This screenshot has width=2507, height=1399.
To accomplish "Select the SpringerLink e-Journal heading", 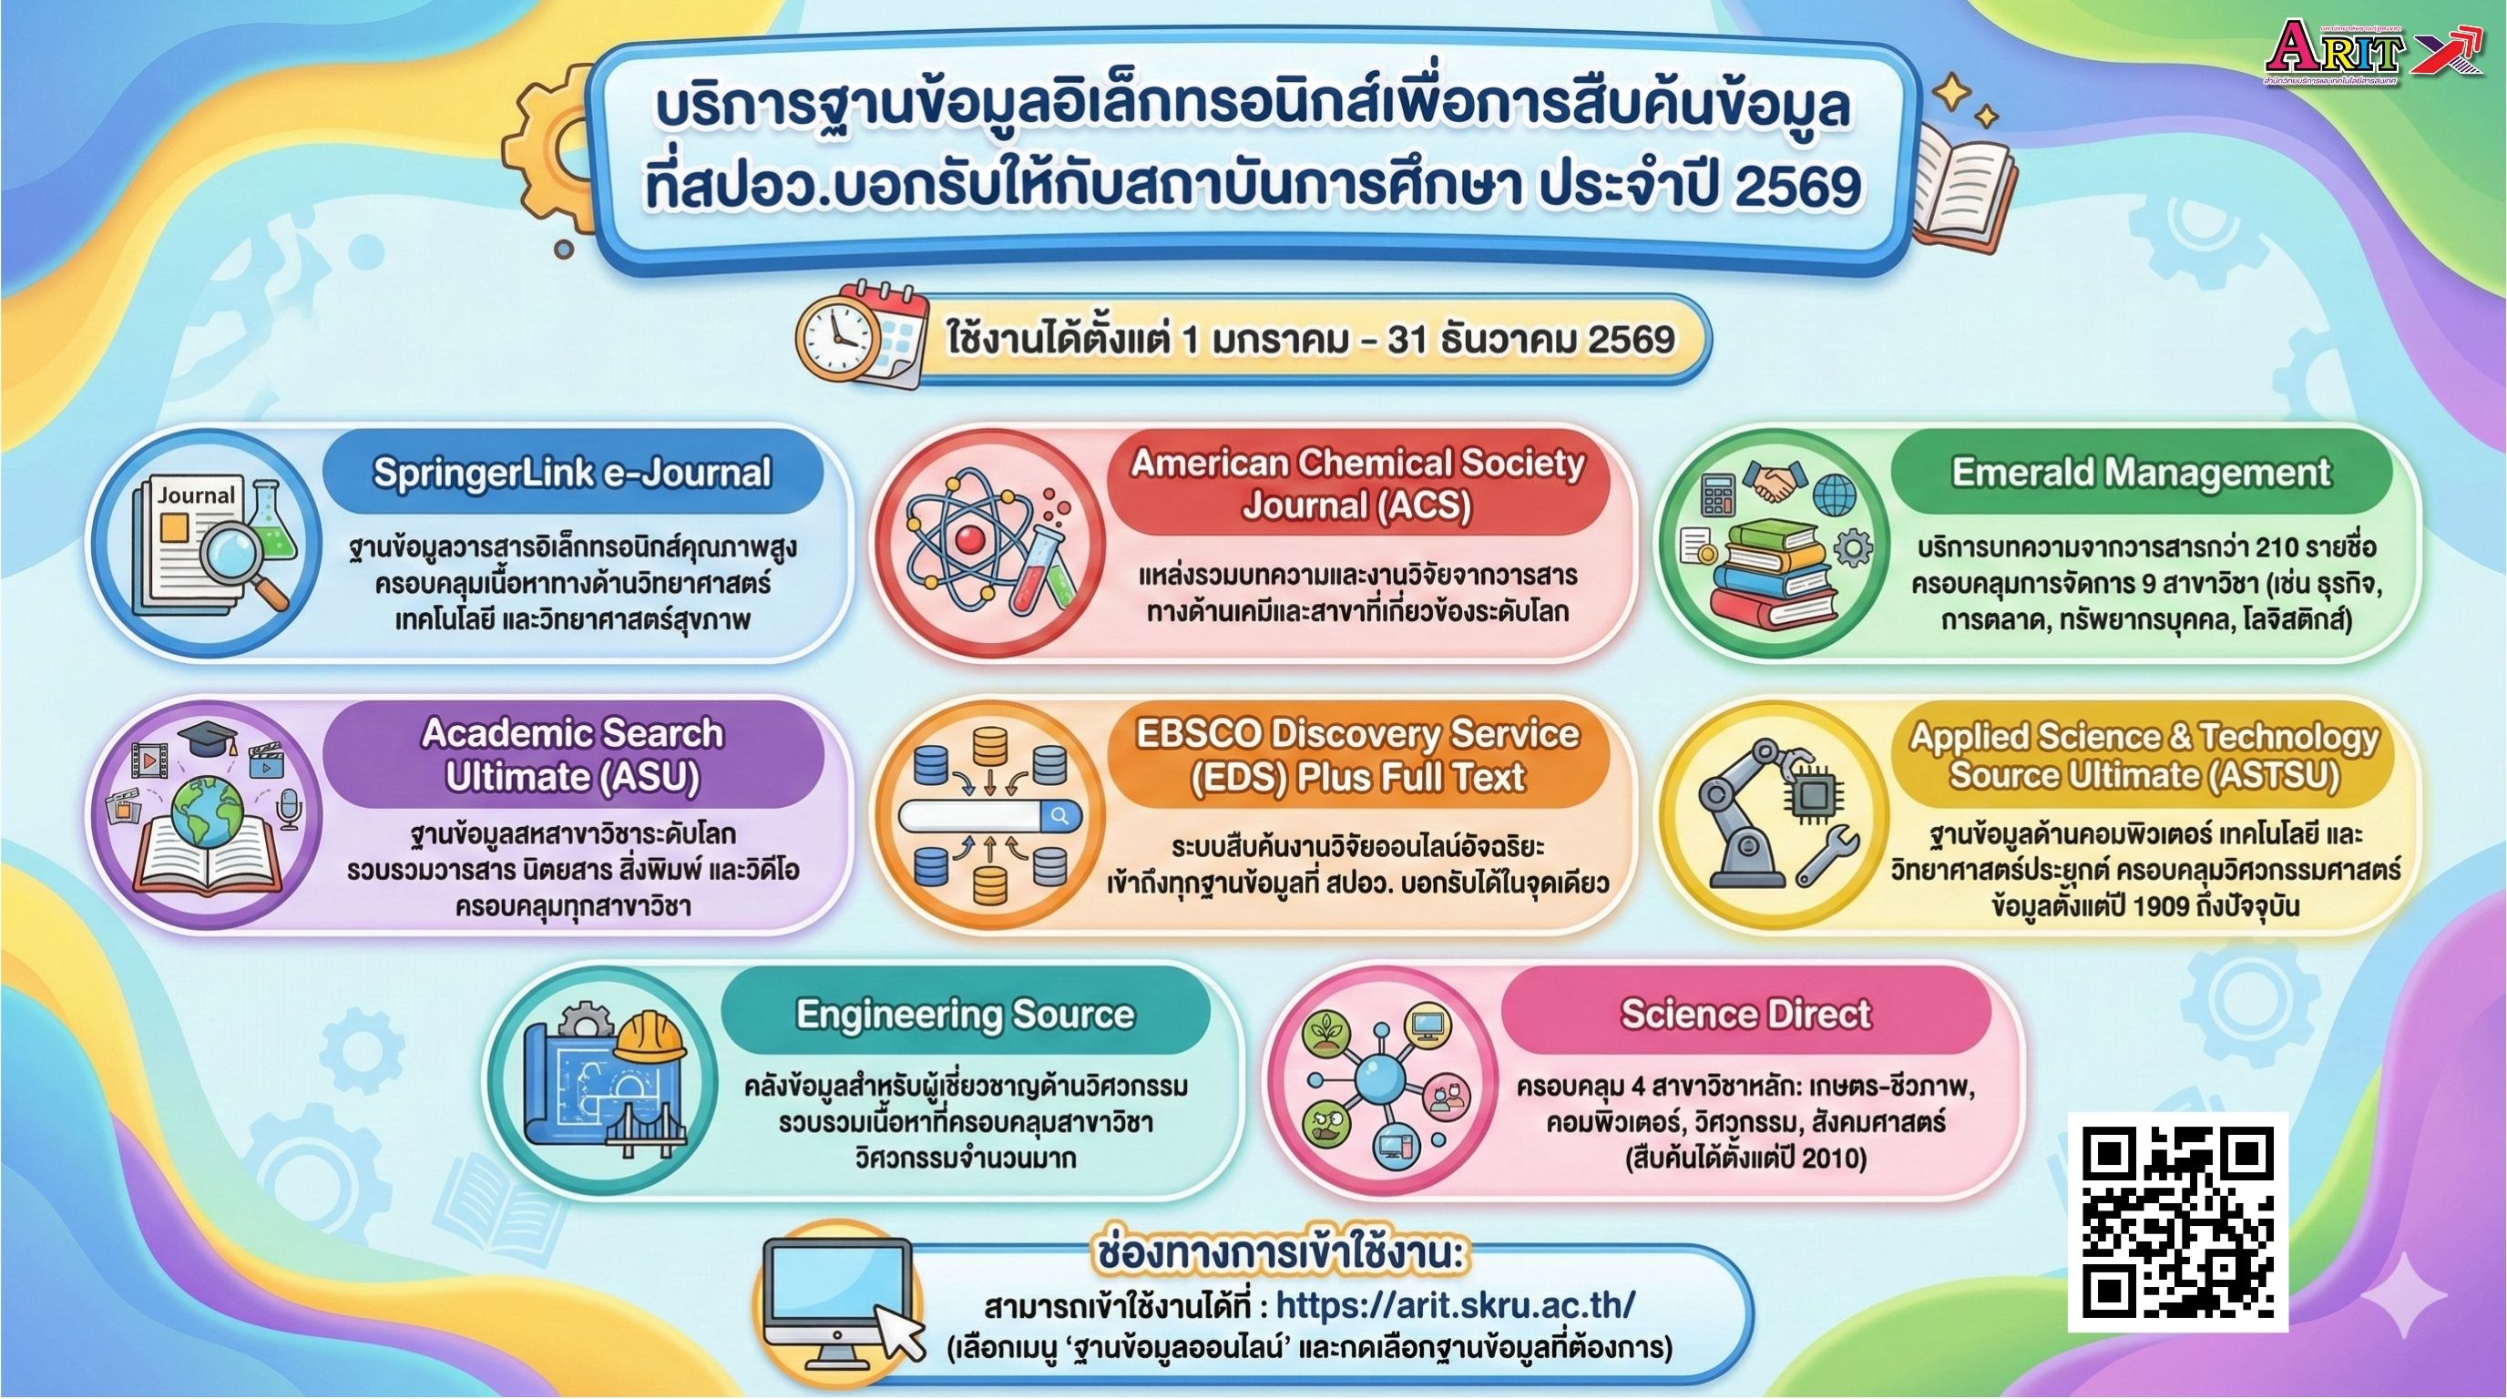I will (x=571, y=473).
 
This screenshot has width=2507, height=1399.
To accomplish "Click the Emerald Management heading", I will (x=2141, y=473).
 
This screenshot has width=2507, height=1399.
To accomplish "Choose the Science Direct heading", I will (x=1745, y=1014).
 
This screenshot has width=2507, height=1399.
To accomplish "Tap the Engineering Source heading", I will (x=965, y=1014).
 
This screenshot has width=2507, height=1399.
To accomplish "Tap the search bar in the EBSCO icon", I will (x=987, y=816).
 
